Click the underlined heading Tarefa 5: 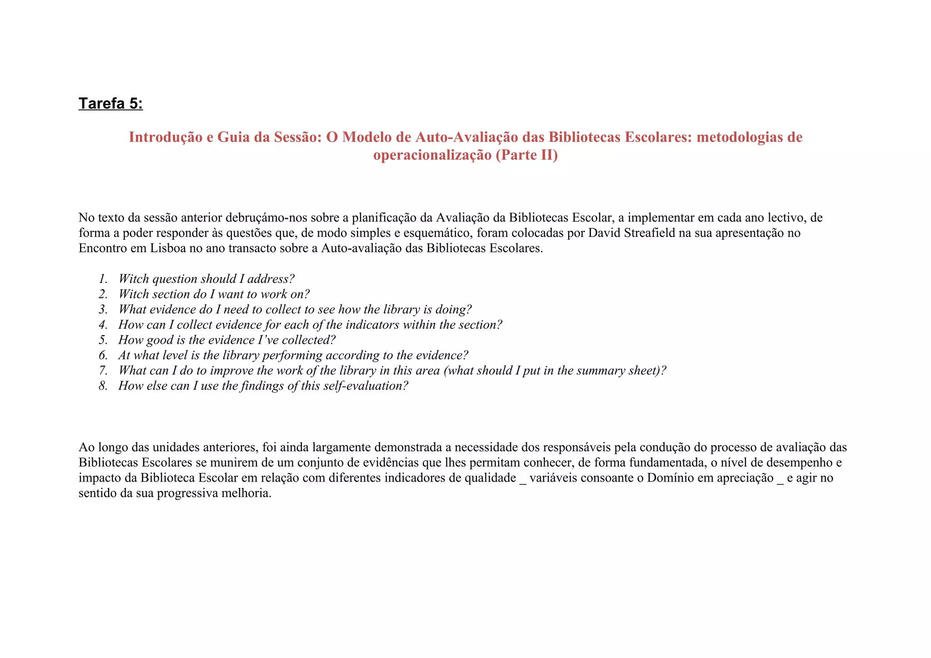click(x=110, y=104)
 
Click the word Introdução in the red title click(x=165, y=137)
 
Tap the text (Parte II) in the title click(x=526, y=155)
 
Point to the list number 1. click(x=103, y=279)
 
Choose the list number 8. click(x=103, y=386)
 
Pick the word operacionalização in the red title click(x=432, y=155)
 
